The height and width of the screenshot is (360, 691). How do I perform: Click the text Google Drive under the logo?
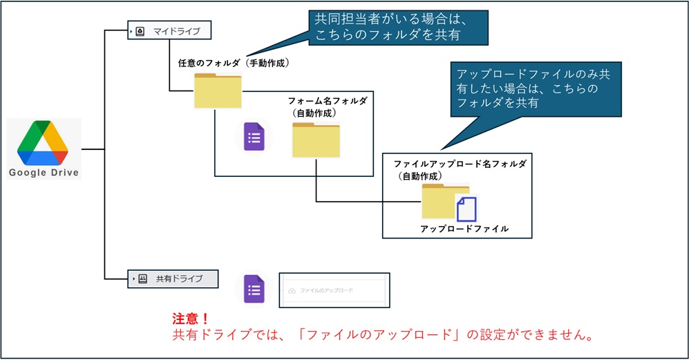pyautogui.click(x=44, y=173)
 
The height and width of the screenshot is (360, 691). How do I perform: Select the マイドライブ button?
pyautogui.click(x=169, y=31)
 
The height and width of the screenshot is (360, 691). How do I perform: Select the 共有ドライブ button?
pyautogui.click(x=173, y=278)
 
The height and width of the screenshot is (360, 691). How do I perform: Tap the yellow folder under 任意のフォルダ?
pyautogui.click(x=218, y=91)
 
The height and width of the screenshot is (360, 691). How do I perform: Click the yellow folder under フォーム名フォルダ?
pyautogui.click(x=316, y=140)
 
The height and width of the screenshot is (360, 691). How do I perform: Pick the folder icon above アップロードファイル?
pyautogui.click(x=440, y=202)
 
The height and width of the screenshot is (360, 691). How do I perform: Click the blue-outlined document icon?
pyautogui.click(x=467, y=209)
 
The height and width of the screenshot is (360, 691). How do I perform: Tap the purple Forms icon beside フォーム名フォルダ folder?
pyautogui.click(x=254, y=138)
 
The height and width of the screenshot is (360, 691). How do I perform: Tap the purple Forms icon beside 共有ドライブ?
pyautogui.click(x=254, y=289)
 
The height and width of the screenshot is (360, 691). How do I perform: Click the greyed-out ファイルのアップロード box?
pyautogui.click(x=334, y=290)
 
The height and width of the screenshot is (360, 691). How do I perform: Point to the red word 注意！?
pyautogui.click(x=191, y=319)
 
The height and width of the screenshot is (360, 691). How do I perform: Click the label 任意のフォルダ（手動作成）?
pyautogui.click(x=234, y=64)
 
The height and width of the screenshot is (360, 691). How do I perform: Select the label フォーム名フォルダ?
pyautogui.click(x=327, y=101)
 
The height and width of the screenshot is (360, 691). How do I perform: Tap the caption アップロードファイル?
pyautogui.click(x=464, y=229)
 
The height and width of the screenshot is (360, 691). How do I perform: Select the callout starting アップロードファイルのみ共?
pyautogui.click(x=534, y=88)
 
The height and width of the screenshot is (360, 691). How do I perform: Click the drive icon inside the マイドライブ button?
pyautogui.click(x=140, y=32)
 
